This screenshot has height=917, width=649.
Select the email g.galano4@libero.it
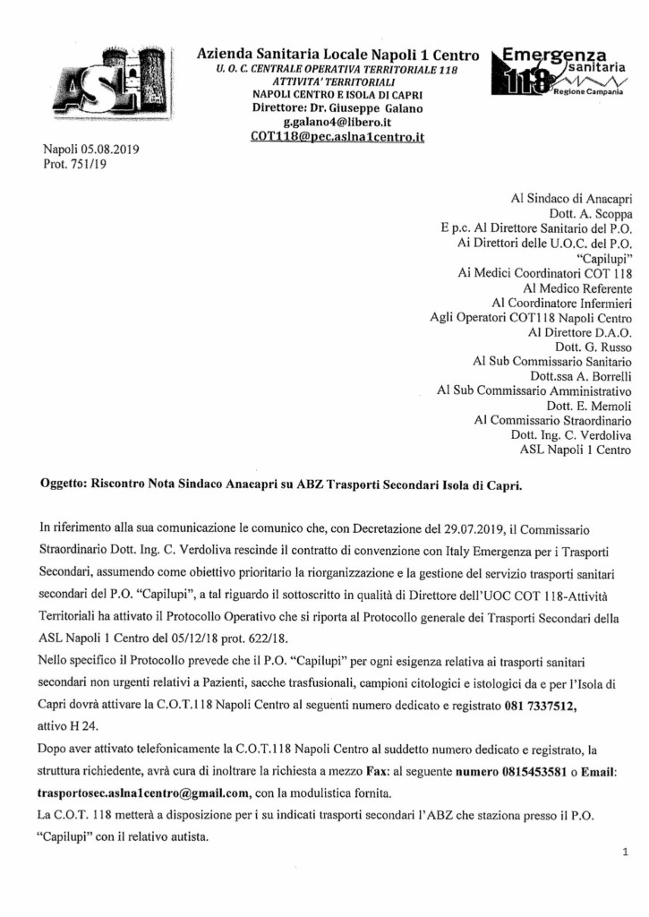337,122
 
